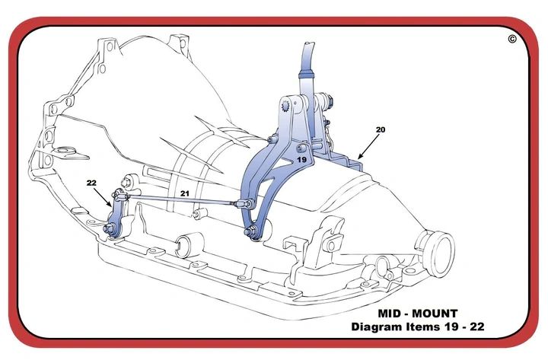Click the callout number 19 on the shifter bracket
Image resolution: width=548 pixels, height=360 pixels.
click(x=301, y=161)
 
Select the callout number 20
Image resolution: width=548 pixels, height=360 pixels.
click(x=381, y=130)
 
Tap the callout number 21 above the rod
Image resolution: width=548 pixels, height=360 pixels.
click(x=184, y=195)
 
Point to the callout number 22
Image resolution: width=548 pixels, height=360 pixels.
click(x=92, y=183)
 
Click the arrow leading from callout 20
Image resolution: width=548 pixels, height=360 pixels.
click(x=368, y=145)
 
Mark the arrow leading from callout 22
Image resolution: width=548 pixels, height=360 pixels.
click(x=104, y=197)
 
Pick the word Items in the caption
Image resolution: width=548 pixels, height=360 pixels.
click(x=430, y=327)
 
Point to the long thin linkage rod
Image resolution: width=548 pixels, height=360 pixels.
click(x=183, y=201)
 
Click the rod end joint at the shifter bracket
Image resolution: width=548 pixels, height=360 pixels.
click(x=241, y=204)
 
